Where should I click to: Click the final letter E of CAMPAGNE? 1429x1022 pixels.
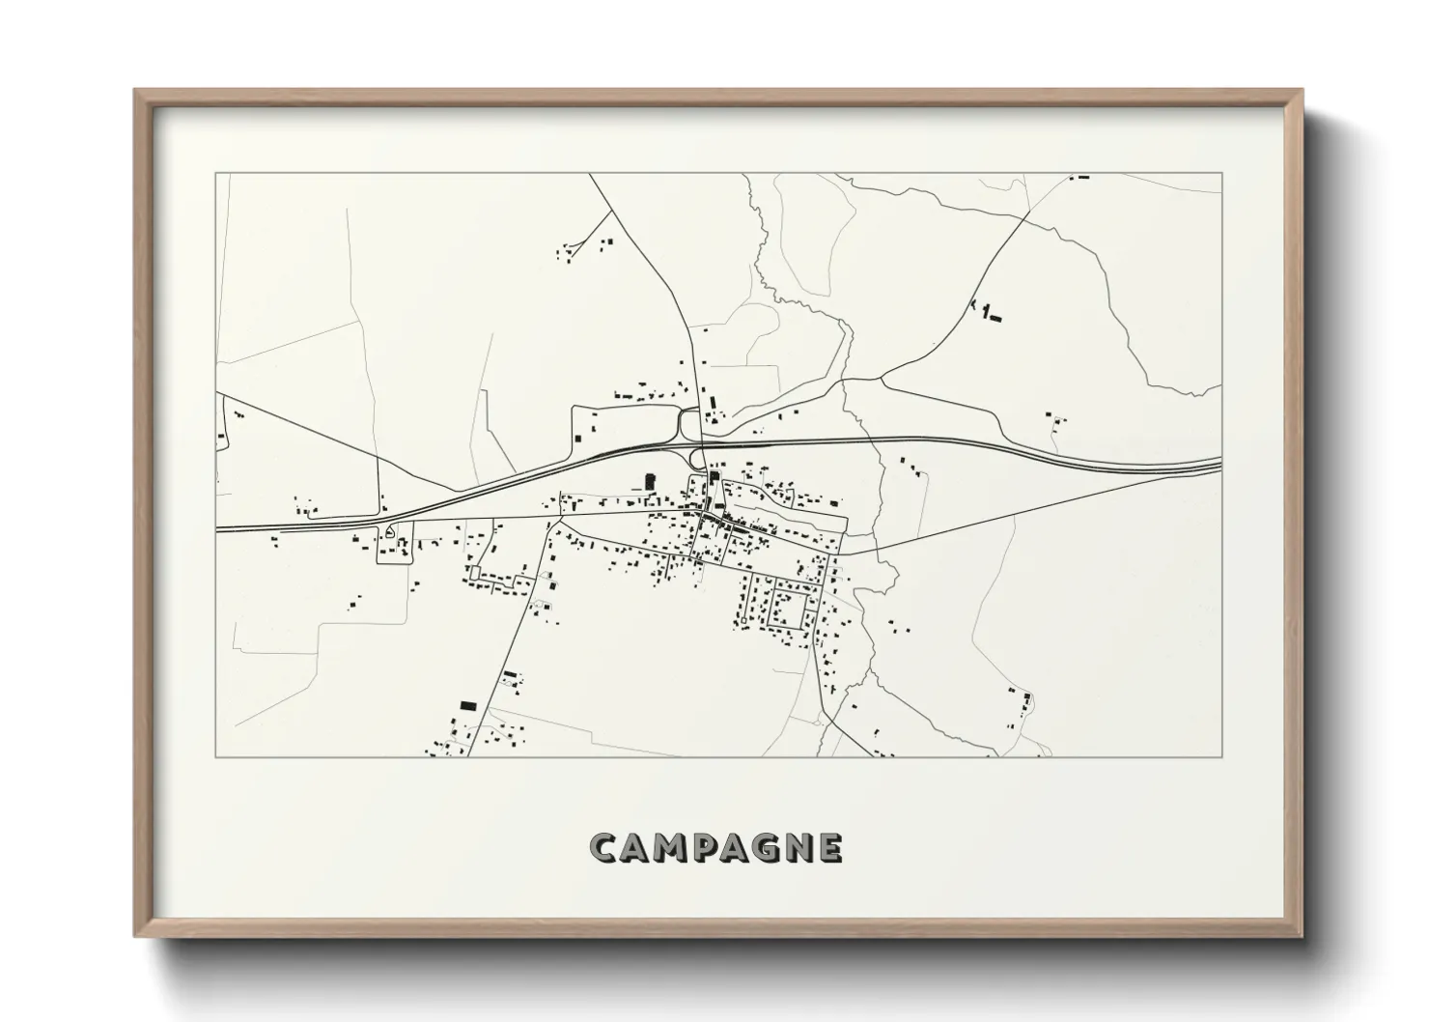pyautogui.click(x=831, y=847)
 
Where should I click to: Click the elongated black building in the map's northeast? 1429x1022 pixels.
pyautogui.click(x=995, y=318)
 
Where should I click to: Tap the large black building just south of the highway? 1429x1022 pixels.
pyautogui.click(x=649, y=480)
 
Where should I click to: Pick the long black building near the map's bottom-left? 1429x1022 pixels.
pyautogui.click(x=468, y=706)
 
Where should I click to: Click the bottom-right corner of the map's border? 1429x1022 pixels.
pyautogui.click(x=1221, y=756)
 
